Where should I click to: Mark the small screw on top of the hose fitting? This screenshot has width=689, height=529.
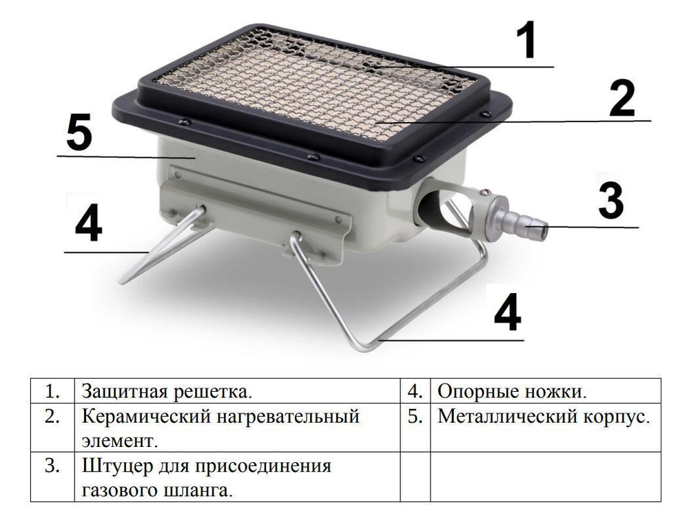point(486,192)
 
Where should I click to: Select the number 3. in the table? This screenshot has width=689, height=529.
point(53,466)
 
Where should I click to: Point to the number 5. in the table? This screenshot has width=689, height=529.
point(415,417)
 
